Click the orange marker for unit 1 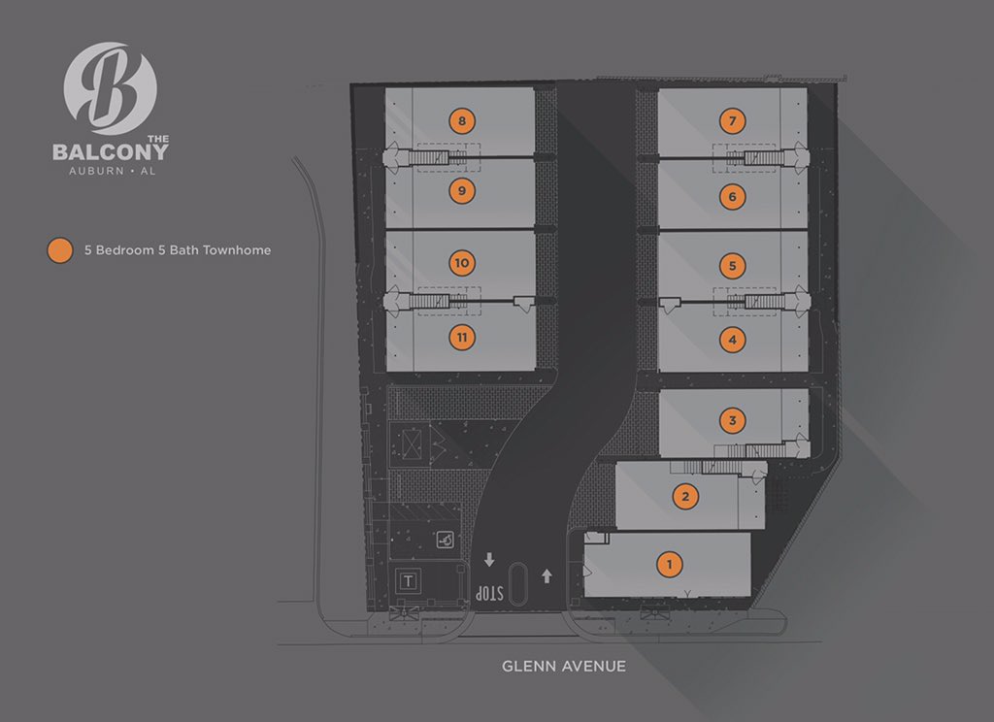(668, 564)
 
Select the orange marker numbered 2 (686, 497)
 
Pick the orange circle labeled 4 (733, 340)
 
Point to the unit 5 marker (733, 265)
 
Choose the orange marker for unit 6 (733, 197)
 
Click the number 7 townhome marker (733, 121)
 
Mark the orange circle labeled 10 (462, 263)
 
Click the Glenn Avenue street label (563, 667)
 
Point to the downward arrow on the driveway (489, 560)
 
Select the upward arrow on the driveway (547, 575)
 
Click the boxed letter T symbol (410, 582)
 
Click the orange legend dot (60, 250)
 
